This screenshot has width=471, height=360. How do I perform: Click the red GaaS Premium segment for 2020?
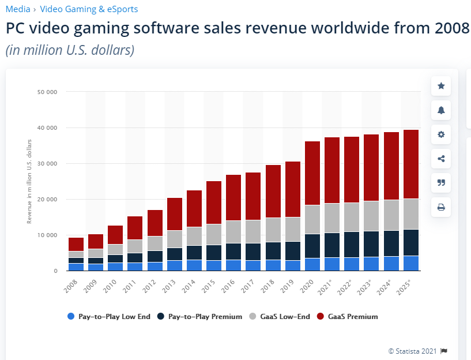(x=312, y=173)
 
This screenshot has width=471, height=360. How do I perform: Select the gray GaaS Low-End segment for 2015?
(x=214, y=234)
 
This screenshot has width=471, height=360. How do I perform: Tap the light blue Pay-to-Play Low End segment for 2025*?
(x=410, y=263)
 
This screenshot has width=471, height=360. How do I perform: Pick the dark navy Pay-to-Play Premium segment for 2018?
(x=273, y=251)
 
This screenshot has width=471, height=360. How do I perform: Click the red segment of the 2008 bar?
(x=76, y=244)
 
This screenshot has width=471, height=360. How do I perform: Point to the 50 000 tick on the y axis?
(x=47, y=92)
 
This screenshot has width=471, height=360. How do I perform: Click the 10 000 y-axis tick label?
(x=47, y=235)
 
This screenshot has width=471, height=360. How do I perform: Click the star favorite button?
(x=441, y=86)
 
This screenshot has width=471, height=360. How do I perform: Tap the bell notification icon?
(x=441, y=110)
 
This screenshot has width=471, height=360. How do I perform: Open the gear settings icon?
(x=441, y=134)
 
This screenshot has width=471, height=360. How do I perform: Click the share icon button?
(x=441, y=159)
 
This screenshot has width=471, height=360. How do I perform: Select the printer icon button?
(x=441, y=207)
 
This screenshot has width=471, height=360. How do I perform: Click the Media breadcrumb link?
(x=18, y=9)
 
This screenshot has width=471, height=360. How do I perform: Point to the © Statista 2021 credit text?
(x=413, y=350)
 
